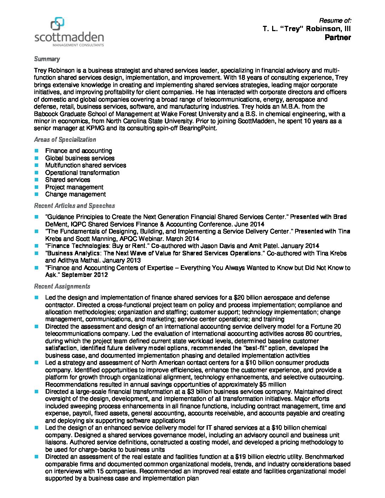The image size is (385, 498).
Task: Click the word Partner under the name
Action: click(338, 37)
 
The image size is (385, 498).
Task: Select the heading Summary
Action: click(47, 59)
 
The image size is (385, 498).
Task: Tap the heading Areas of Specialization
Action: click(65, 140)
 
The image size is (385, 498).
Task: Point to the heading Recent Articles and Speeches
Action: click(74, 206)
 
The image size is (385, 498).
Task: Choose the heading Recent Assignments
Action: click(62, 286)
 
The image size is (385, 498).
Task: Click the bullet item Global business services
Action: click(80, 158)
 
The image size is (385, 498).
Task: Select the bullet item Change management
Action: click(75, 194)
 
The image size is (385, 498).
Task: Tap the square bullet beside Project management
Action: click(36, 187)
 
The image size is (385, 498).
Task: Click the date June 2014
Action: click(251, 224)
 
